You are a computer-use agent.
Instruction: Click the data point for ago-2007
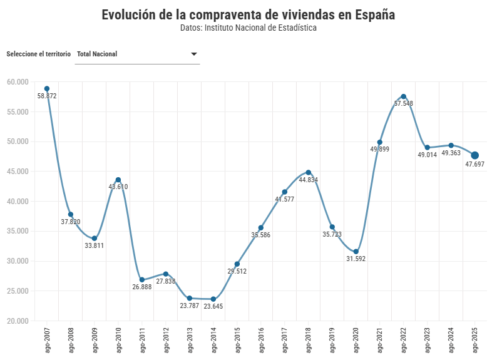[47, 89]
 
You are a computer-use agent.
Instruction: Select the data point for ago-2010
[118, 180]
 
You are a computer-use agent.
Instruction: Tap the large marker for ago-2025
[475, 155]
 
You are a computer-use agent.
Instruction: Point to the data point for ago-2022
[404, 96]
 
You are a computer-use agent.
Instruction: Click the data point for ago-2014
[213, 299]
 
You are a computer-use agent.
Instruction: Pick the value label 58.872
[47, 96]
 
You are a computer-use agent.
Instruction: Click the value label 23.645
[213, 307]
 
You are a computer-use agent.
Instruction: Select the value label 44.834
[309, 180]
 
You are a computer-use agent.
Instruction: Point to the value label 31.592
[356, 259]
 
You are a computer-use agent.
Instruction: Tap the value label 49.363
[451, 153]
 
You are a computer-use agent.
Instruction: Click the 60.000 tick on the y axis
[18, 82]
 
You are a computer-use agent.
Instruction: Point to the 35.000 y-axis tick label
[18, 231]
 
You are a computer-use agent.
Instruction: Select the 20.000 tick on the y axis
[18, 321]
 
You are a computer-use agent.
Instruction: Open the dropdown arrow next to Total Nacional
[194, 54]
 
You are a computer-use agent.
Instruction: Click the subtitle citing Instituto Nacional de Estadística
[248, 28]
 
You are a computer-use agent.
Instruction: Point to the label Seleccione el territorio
[38, 54]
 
